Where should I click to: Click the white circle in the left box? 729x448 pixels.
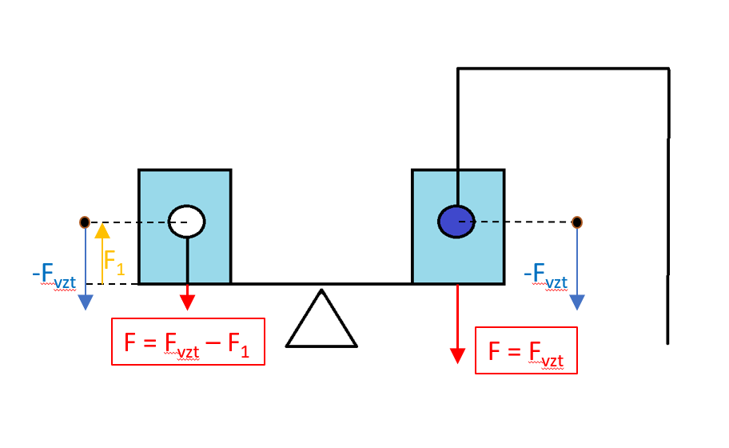click(x=187, y=221)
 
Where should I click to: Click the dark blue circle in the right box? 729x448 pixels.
click(x=456, y=221)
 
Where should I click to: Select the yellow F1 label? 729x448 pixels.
click(x=114, y=262)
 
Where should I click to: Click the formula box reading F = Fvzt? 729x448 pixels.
click(x=525, y=351)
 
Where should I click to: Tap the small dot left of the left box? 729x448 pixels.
click(x=85, y=222)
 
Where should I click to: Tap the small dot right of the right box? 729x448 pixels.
click(x=577, y=222)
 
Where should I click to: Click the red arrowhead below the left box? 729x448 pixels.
click(x=187, y=302)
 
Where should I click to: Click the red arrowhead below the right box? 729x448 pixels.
click(x=457, y=355)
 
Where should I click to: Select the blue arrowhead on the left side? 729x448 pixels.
click(x=86, y=303)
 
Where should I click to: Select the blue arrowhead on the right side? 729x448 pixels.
click(x=577, y=302)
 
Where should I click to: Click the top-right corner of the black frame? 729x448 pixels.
click(x=668, y=70)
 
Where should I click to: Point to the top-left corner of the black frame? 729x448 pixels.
click(x=457, y=70)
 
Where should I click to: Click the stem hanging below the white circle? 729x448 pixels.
click(x=188, y=260)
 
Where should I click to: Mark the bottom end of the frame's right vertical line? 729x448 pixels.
click(x=667, y=342)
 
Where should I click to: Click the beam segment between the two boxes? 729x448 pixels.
click(x=321, y=284)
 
